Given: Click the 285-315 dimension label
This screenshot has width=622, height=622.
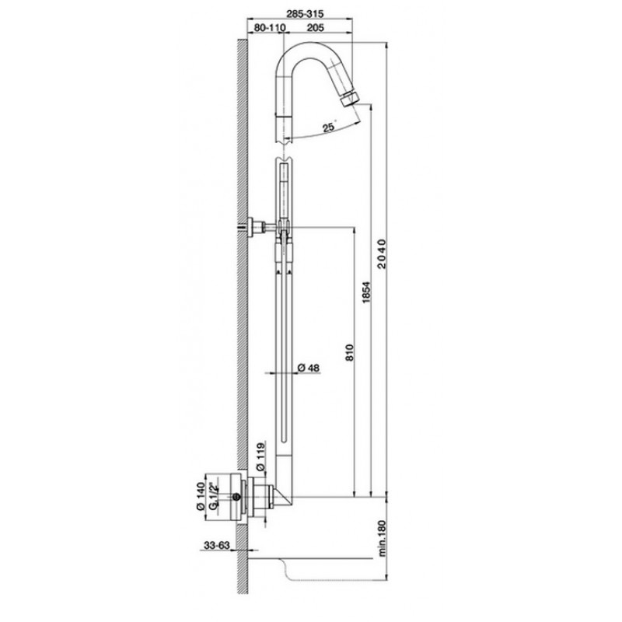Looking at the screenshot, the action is coord(305,14).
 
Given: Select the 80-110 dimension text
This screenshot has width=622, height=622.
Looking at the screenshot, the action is coord(270,27).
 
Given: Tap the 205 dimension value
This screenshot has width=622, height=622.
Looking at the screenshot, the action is coord(316,27).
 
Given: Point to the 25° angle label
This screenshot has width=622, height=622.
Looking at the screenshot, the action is coord(330,127).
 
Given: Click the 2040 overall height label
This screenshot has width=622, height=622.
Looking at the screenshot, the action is coord(382,254).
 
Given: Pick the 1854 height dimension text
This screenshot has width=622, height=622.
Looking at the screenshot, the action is coord(366,293).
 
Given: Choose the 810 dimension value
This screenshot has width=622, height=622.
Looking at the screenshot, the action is coord(349,352).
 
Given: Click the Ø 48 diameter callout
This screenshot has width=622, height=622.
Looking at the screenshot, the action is coord(308,368).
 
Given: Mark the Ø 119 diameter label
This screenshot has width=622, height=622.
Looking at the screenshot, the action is coord(260,456).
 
